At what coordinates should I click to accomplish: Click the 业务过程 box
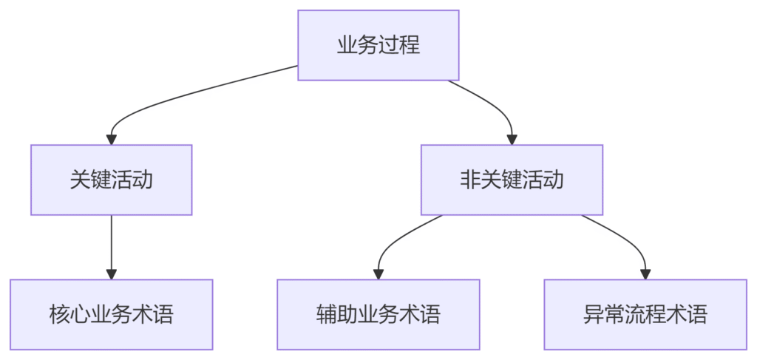tap(378, 45)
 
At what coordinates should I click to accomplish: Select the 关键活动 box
tap(112, 180)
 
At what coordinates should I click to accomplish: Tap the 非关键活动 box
tap(512, 180)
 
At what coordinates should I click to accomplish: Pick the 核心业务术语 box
tap(112, 314)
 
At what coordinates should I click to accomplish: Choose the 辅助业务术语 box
tap(378, 314)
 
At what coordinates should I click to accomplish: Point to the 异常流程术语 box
tap(645, 314)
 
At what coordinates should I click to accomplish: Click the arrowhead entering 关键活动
tap(112, 139)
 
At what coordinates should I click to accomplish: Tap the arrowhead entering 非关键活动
tap(512, 139)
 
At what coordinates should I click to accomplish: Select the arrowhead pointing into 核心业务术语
tap(112, 274)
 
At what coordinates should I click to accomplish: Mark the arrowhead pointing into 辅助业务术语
tap(378, 274)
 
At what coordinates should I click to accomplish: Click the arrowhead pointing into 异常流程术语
tap(645, 274)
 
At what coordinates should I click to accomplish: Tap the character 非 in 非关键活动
tap(469, 180)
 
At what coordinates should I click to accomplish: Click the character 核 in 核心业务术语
tap(58, 315)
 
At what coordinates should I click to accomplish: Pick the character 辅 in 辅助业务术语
tap(325, 315)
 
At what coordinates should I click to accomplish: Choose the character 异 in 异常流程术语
tap(592, 315)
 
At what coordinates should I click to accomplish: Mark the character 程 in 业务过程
tap(411, 45)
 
